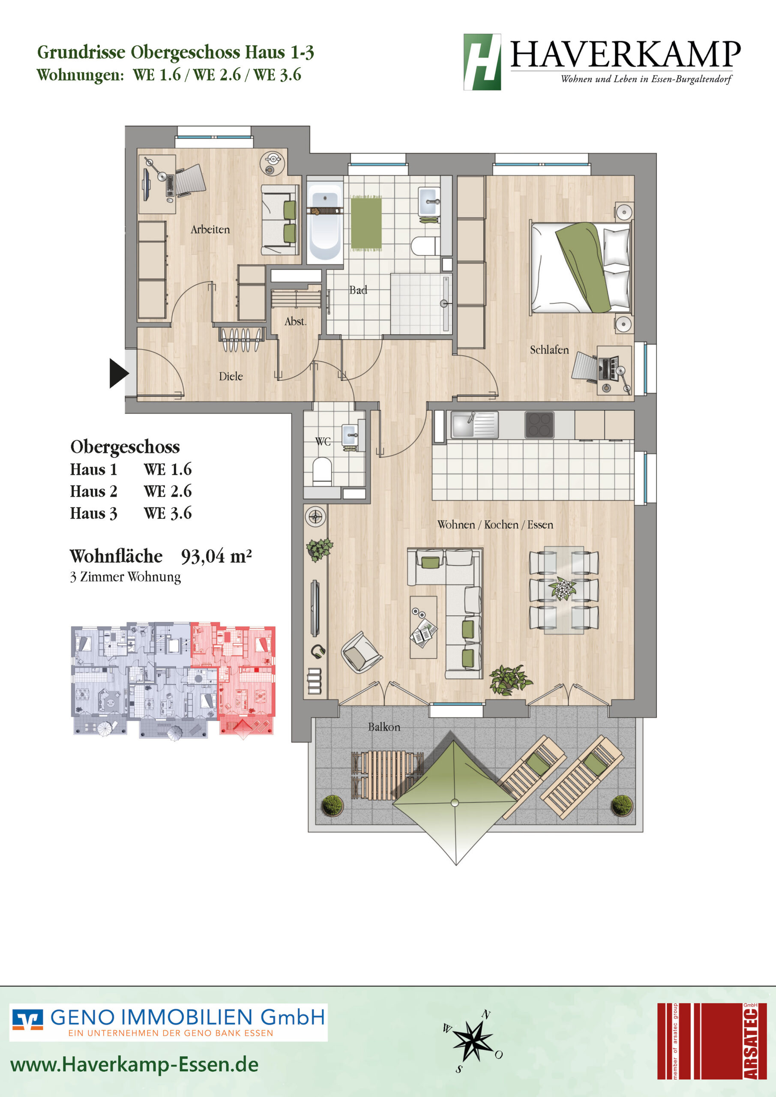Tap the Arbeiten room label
click(210, 229)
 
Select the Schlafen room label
click(549, 350)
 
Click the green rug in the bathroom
click(366, 223)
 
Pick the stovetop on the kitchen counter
click(539, 425)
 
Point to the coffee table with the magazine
click(423, 627)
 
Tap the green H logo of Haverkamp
click(482, 62)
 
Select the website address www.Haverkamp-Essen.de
click(134, 1064)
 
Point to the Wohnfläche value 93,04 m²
click(216, 556)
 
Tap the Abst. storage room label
click(295, 321)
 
